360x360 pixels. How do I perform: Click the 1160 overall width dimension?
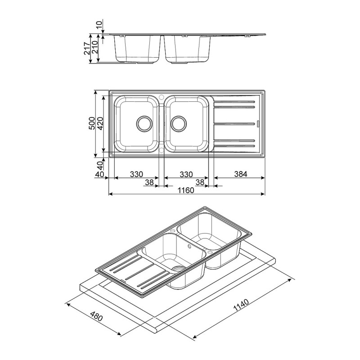[x=185, y=190]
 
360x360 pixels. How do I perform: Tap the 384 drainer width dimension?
[x=239, y=174]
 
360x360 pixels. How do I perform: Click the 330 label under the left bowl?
[x=136, y=174]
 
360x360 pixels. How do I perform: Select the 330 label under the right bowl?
[x=186, y=174]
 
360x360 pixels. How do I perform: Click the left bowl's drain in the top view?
[x=144, y=122]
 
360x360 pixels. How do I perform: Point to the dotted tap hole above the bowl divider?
[x=162, y=96]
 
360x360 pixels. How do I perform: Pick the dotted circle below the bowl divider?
[x=162, y=149]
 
